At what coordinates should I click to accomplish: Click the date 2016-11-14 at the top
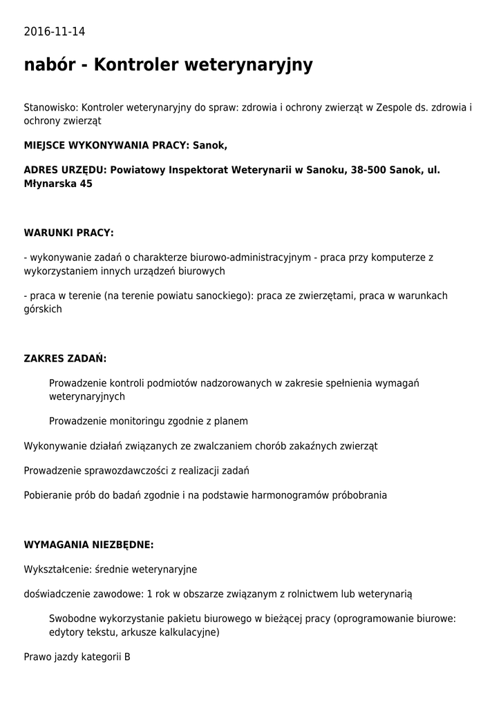(x=55, y=32)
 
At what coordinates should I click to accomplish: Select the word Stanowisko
(x=51, y=108)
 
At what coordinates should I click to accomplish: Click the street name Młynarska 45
(x=58, y=184)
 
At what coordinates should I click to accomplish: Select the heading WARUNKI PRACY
(x=68, y=233)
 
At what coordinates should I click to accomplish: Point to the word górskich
(x=43, y=309)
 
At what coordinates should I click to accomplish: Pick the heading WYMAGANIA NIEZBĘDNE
(x=88, y=545)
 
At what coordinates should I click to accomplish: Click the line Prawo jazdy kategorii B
(x=77, y=657)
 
